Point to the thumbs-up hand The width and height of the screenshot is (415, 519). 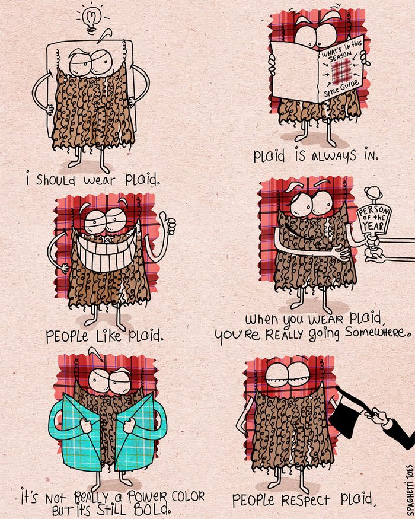pyautogui.click(x=170, y=226)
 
